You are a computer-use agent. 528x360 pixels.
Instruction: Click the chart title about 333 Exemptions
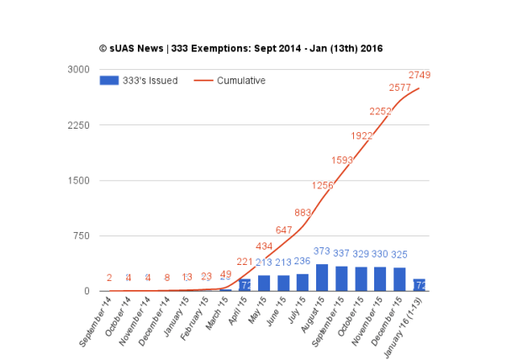point(240,49)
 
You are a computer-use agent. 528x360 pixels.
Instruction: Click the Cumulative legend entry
point(230,81)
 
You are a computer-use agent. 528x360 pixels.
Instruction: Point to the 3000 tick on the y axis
point(78,70)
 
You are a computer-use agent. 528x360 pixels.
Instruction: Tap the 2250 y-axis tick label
point(78,125)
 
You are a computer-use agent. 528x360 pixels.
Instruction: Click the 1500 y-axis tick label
point(78,181)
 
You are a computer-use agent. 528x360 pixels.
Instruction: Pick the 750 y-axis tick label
point(81,236)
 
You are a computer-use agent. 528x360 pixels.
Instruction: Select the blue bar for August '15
point(322,278)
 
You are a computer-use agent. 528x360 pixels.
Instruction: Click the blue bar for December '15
point(399,279)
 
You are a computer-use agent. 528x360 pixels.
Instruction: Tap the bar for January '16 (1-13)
point(419,285)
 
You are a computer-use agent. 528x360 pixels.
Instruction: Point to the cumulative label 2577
point(400,87)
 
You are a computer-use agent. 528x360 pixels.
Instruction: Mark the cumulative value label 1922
point(362,135)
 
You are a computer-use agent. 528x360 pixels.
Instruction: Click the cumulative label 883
point(304,213)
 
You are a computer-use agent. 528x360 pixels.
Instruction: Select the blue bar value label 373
point(322,251)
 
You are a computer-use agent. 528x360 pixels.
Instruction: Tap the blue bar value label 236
point(303,262)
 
